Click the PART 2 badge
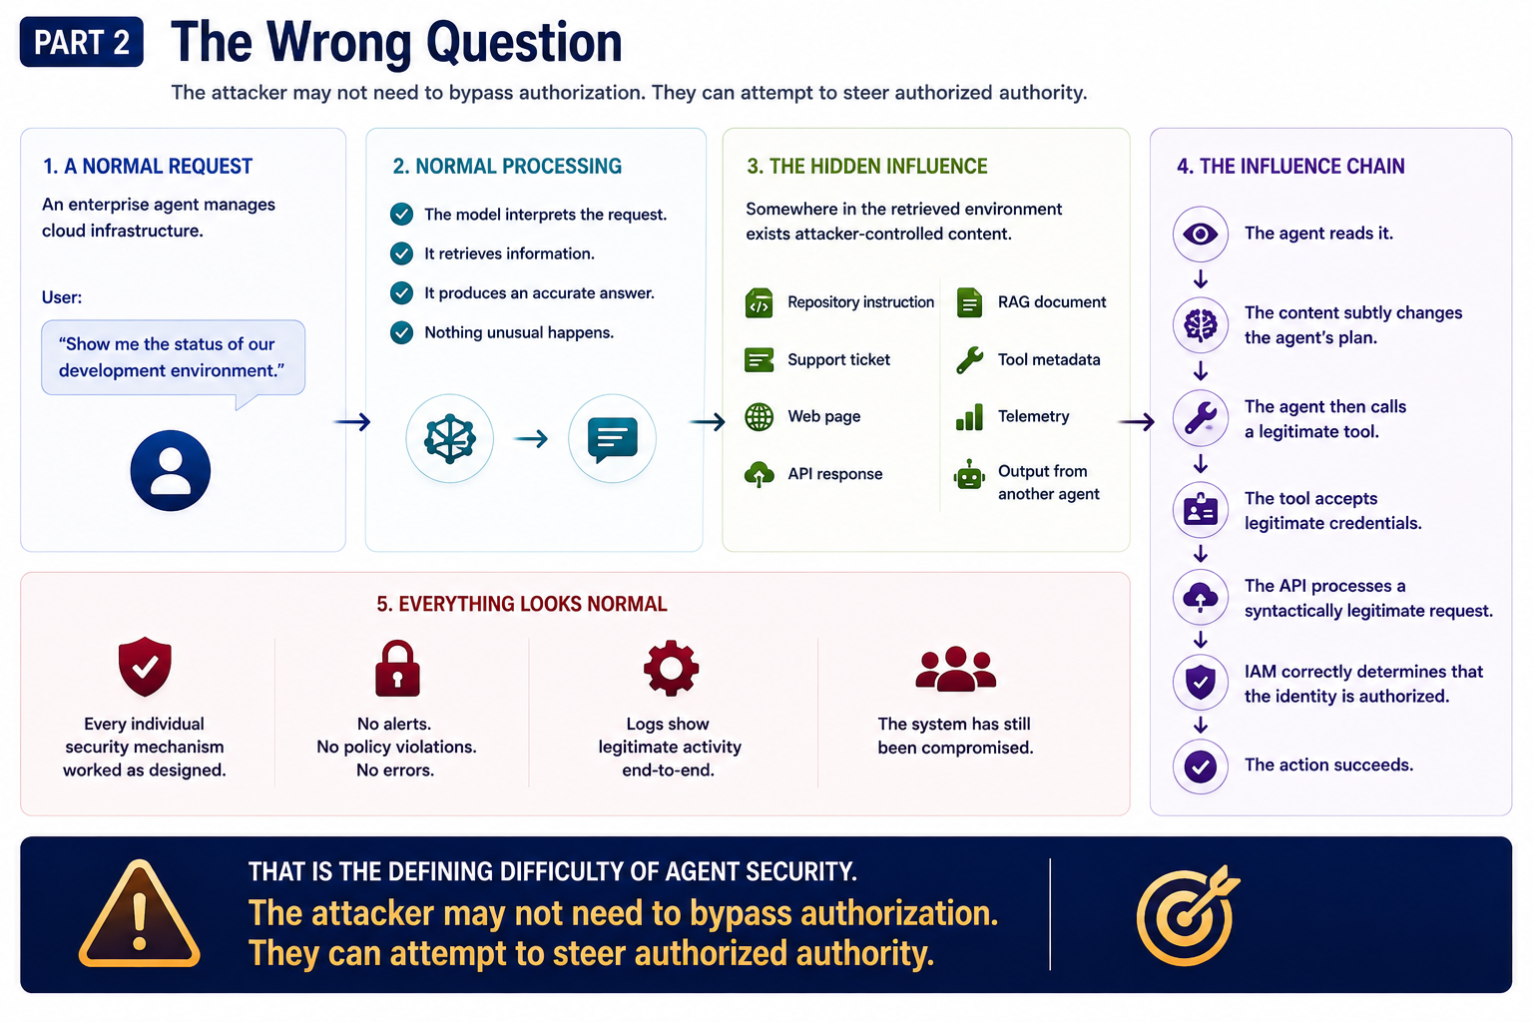82,42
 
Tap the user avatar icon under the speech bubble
171,470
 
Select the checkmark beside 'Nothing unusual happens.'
402,332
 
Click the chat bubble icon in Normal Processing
613,439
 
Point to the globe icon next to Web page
759,416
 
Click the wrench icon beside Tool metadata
970,359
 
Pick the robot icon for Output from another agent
969,474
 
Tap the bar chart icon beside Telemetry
969,417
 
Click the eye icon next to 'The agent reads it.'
1201,235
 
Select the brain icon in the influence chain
1201,325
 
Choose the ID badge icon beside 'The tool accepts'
1201,510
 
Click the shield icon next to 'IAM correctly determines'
1201,682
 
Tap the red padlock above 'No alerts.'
397,668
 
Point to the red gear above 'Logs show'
671,668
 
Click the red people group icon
955,669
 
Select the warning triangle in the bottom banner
140,914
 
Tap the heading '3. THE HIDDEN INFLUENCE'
867,167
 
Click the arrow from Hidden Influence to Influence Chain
1136,421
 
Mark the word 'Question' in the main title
524,43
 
